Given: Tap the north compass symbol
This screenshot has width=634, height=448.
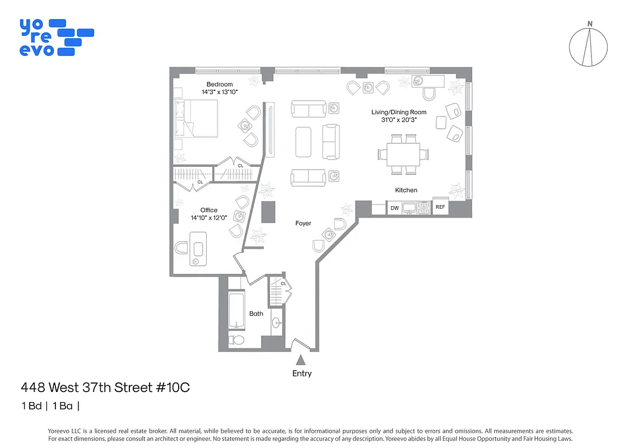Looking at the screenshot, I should tap(588, 46).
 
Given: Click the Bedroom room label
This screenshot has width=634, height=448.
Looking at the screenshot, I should tap(219, 85).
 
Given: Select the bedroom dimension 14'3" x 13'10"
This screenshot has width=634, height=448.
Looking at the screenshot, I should tap(219, 92).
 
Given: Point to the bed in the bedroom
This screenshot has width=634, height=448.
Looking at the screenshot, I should tap(196, 118).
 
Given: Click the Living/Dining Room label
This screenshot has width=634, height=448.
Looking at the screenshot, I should tap(399, 112).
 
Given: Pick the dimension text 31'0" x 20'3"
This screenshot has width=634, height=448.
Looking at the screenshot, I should tap(399, 119).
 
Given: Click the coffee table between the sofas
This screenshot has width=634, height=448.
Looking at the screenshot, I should tap(304, 142).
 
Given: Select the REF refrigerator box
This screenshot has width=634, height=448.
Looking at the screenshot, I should tap(440, 207).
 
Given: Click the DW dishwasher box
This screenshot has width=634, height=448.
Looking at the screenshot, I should tap(394, 208).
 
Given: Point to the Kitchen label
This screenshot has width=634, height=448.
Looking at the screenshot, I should tap(406, 190).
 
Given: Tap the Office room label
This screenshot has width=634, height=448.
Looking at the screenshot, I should tap(209, 211).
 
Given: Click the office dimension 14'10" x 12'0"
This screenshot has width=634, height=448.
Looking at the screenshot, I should tap(209, 218).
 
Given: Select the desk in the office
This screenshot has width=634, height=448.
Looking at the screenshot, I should tap(198, 248).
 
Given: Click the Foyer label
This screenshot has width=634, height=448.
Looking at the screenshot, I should tap(303, 223).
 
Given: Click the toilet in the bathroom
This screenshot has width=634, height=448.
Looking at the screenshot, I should tap(237, 340).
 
